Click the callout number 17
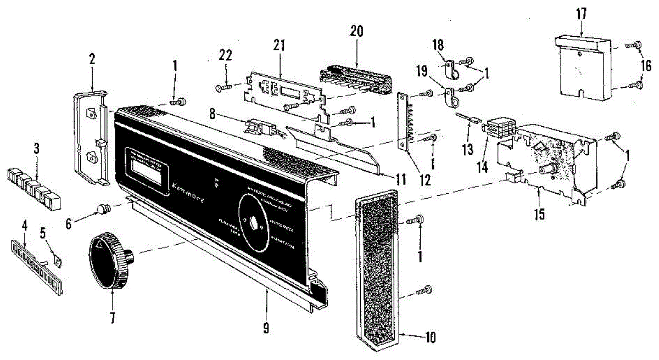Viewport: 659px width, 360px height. (x=581, y=13)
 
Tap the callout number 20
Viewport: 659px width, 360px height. (x=357, y=31)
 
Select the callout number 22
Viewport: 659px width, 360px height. (x=226, y=55)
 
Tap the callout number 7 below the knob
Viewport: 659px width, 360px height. (x=112, y=318)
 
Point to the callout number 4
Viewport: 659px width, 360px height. (x=24, y=224)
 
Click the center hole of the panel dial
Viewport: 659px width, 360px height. (x=253, y=224)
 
